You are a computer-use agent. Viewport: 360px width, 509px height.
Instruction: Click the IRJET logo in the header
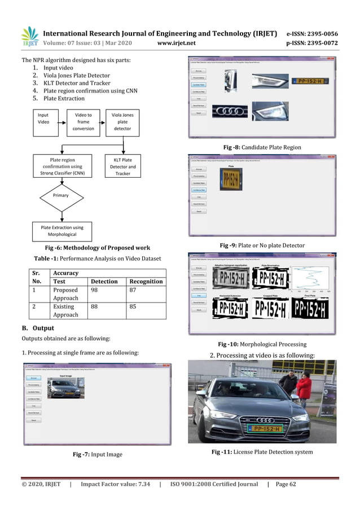(30, 36)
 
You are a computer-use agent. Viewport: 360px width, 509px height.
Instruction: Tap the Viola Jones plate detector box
(122, 121)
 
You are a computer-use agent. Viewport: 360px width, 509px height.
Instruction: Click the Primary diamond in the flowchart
(60, 195)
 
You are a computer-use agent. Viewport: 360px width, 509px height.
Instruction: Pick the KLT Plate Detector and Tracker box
(122, 166)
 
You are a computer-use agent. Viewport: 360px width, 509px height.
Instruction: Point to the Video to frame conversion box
(83, 121)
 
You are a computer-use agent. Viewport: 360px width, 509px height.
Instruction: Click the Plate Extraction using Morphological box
(62, 231)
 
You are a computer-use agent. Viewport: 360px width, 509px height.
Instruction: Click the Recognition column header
(146, 281)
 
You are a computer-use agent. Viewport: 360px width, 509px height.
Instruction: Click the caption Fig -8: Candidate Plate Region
(262, 147)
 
